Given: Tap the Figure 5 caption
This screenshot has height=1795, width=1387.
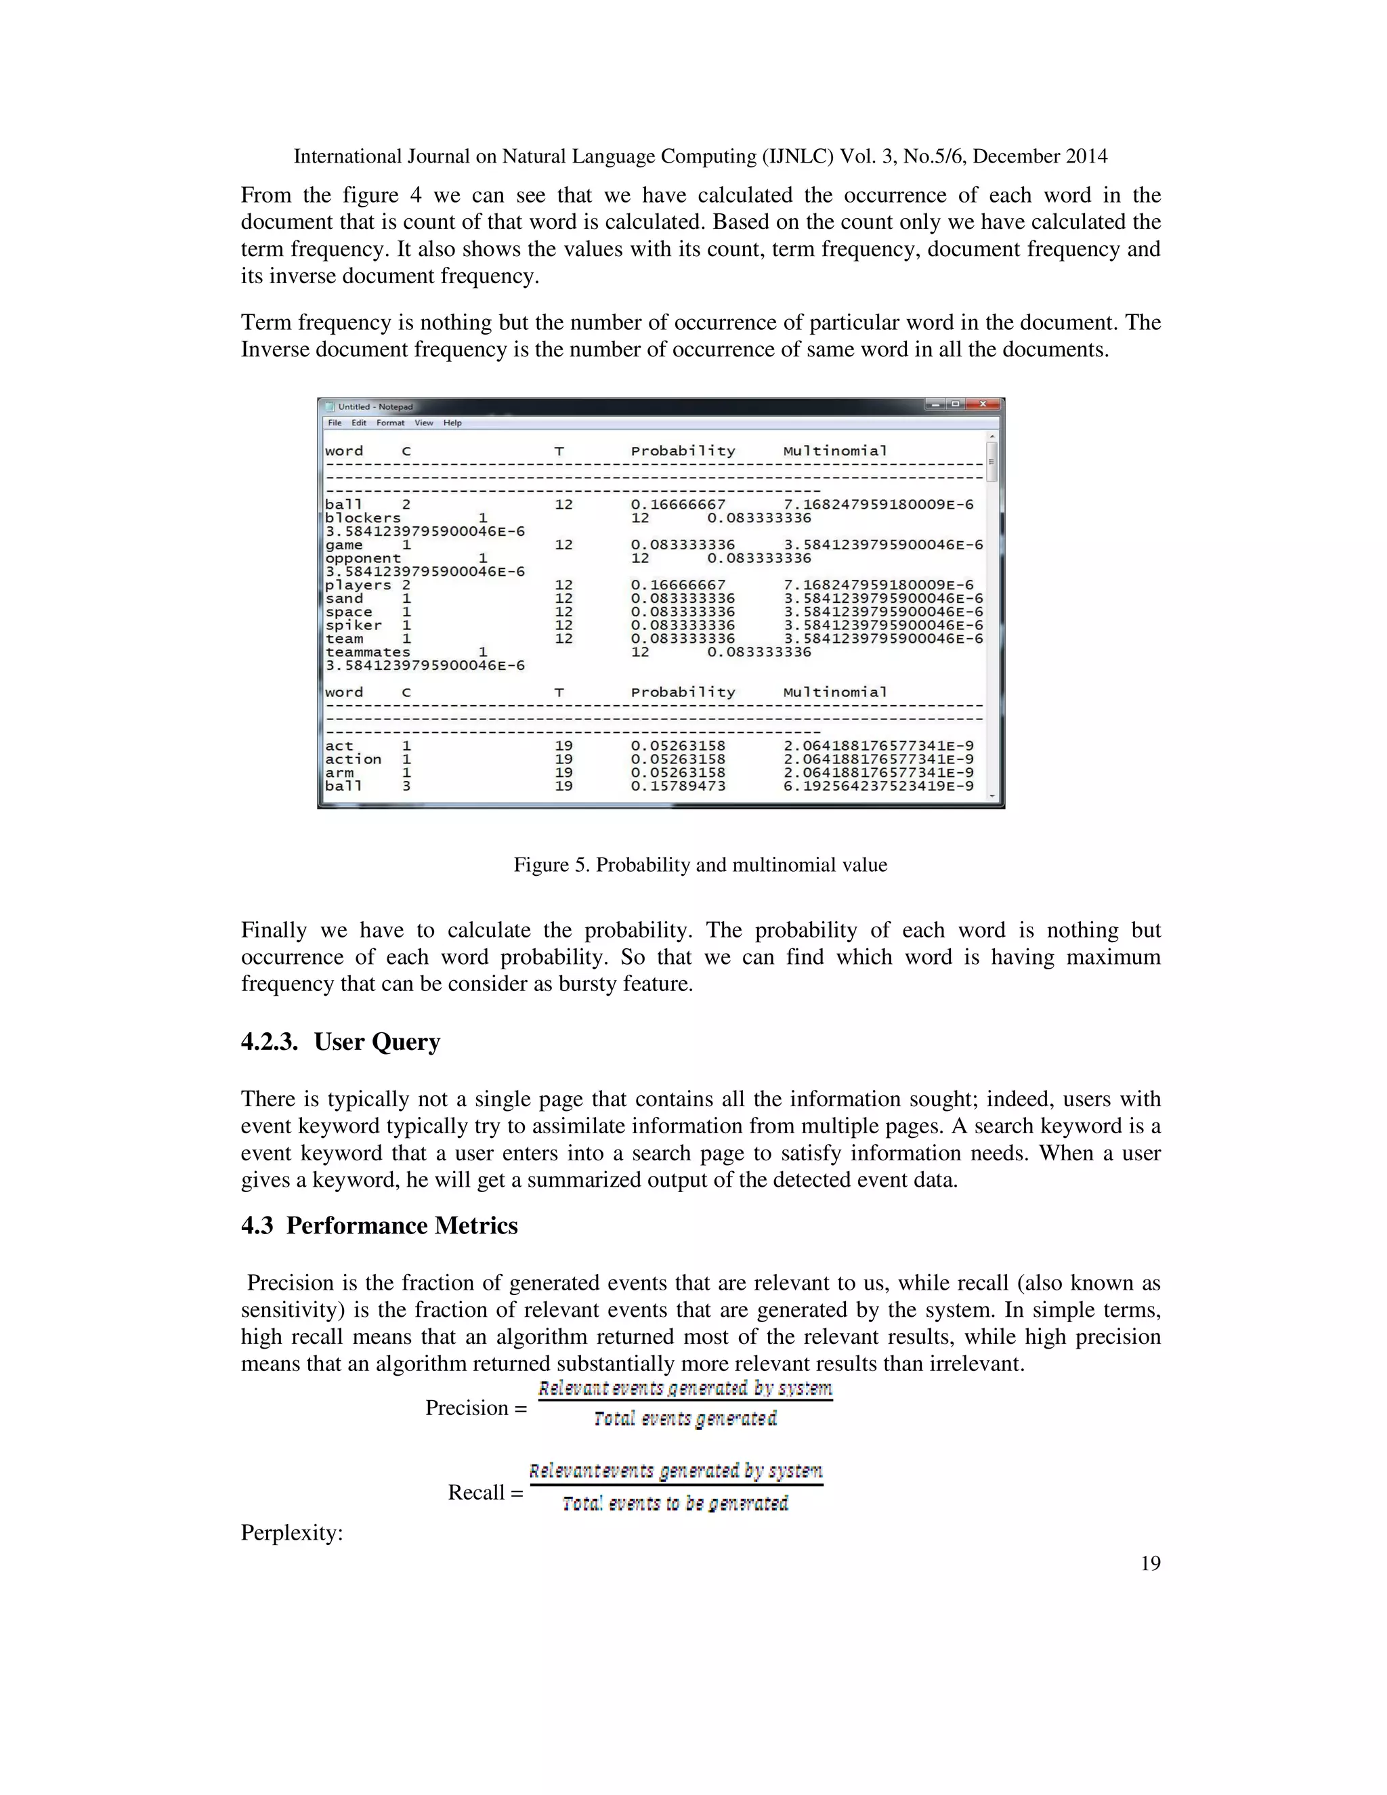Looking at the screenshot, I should (700, 864).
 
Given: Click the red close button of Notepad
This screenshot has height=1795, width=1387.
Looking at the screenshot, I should (983, 404).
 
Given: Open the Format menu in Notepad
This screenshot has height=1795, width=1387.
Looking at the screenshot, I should (390, 423).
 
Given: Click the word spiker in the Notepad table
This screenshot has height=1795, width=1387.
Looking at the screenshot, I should (354, 625).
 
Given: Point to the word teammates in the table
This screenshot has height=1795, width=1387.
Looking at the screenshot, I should (367, 652).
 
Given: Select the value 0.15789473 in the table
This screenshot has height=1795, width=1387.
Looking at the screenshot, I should (678, 786).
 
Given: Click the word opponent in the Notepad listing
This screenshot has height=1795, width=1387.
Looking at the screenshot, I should (362, 558).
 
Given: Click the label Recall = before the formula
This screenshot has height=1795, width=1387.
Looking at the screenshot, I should (485, 1492).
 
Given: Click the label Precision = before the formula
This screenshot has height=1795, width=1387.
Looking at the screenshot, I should (475, 1408).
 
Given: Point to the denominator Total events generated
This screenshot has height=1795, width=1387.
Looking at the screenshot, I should (685, 1419).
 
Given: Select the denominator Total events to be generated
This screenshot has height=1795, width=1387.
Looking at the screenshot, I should (675, 1504).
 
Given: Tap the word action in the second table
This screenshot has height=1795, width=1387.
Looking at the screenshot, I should (354, 759).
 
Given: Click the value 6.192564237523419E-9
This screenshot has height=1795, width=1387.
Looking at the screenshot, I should (878, 786).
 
